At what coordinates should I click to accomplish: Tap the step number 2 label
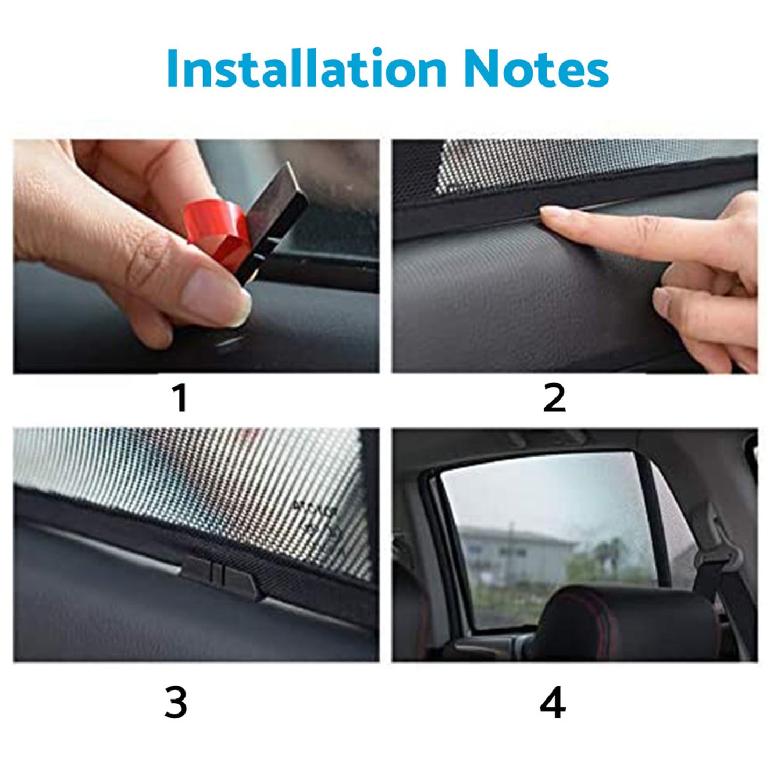click(554, 398)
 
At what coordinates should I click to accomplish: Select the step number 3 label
click(176, 703)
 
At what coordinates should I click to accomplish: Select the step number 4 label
click(553, 703)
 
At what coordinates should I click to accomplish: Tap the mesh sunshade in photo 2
click(538, 161)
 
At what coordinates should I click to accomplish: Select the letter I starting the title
click(173, 69)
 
